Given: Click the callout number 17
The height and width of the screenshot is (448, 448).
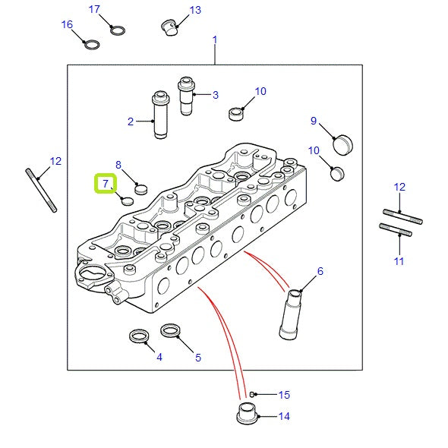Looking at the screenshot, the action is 94,9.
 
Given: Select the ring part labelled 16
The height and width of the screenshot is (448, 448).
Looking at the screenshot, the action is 92,45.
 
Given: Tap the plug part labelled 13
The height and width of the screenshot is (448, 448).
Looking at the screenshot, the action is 170,27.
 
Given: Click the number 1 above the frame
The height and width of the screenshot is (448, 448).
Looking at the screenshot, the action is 215,39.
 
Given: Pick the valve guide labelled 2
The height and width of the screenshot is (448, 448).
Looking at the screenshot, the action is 160,115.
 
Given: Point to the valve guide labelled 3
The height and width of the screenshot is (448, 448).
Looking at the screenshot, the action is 186,96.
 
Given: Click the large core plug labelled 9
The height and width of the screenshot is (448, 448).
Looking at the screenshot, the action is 343,144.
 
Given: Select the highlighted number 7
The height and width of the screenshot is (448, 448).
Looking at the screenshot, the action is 106,184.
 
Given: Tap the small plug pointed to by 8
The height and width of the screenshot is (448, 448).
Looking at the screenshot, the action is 141,189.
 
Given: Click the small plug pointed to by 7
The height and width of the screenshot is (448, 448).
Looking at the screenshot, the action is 128,201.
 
